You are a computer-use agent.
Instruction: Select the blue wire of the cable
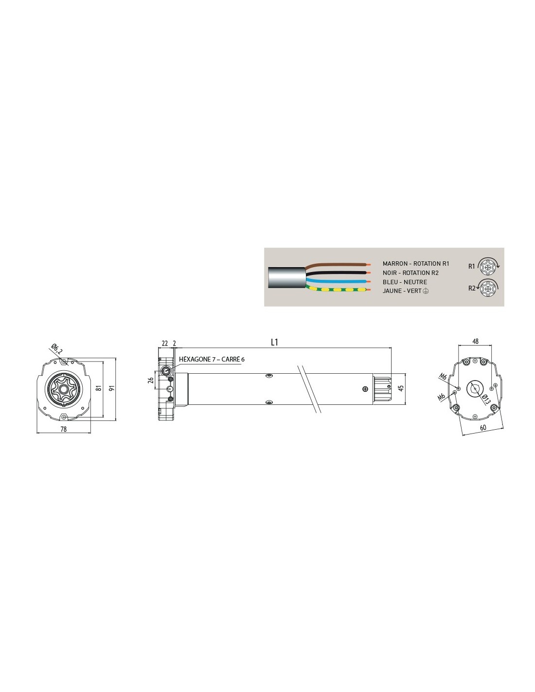[338, 281]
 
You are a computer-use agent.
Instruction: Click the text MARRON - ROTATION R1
[416, 264]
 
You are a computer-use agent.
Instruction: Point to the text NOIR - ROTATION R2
[410, 273]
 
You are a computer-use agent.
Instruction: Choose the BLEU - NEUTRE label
[405, 282]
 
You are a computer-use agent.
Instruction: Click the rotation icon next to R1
[488, 265]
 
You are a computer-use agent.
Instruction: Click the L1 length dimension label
[274, 342]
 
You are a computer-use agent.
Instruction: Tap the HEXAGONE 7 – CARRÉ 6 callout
[212, 359]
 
